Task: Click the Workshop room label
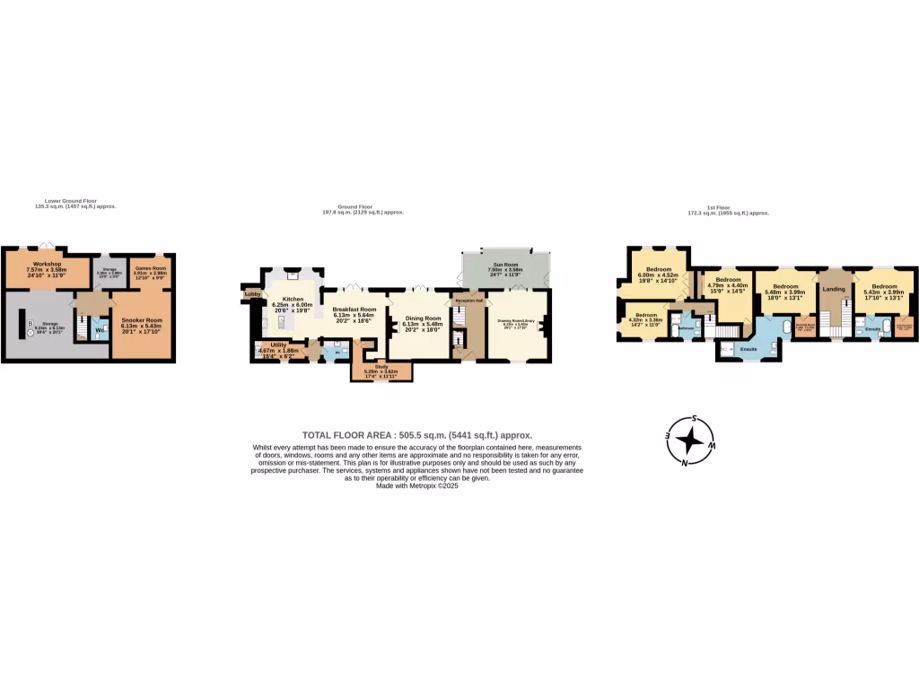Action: [x=47, y=264]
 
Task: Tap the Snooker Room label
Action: [x=142, y=320]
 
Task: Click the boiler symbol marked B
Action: [x=30, y=324]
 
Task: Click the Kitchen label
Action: [x=293, y=299]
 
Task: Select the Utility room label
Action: [x=278, y=344]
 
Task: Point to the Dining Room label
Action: [x=422, y=318]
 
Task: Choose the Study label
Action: [x=381, y=366]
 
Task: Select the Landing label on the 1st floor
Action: [x=834, y=289]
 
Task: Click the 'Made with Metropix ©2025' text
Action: [x=419, y=485]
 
